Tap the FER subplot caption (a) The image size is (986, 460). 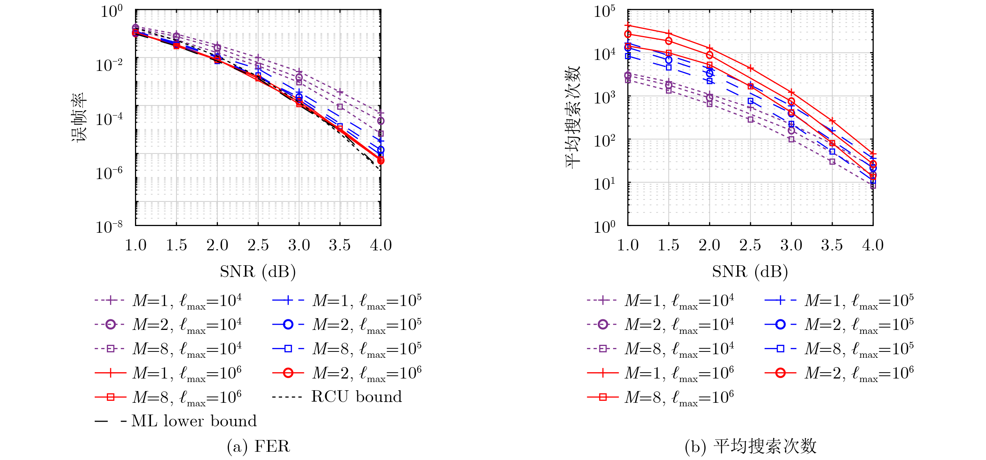tap(258, 446)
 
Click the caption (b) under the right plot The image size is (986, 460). tap(750, 446)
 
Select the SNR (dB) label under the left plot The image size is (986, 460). tap(258, 272)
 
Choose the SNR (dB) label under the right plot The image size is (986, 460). tap(750, 272)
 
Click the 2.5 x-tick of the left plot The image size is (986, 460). tap(258, 245)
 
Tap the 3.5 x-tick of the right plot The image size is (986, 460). tap(832, 245)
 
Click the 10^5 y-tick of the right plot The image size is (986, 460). tap(604, 11)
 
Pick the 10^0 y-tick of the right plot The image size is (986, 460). tap(604, 227)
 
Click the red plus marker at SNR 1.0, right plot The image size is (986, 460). tap(628, 25)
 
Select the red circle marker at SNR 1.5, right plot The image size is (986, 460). tap(669, 41)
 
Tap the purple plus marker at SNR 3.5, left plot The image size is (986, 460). tap(340, 92)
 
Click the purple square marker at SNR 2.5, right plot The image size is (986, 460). tap(750, 119)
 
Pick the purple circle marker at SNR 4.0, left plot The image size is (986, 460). tap(381, 121)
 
